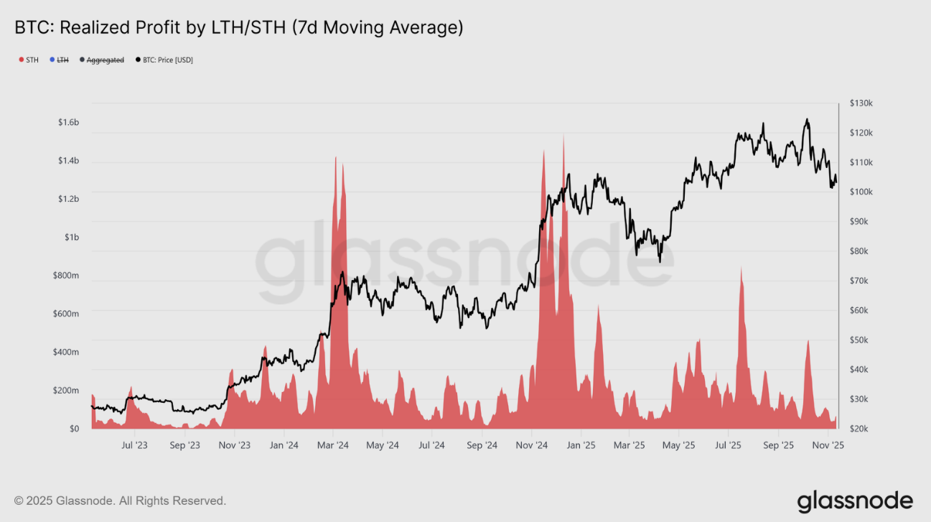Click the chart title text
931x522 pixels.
pos(239,28)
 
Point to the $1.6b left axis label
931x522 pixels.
pos(68,123)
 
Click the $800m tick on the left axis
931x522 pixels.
pos(66,276)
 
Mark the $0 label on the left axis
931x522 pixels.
pos(74,429)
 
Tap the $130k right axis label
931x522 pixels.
pos(859,103)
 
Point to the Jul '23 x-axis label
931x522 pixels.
pos(134,446)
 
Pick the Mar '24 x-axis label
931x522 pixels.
pos(333,446)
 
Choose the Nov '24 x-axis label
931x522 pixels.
pos(532,446)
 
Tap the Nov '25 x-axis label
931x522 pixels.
pos(828,446)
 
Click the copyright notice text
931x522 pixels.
pos(121,500)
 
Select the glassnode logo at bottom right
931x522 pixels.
pos(855,500)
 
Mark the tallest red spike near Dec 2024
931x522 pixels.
pos(563,136)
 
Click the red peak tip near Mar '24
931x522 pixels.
pos(335,157)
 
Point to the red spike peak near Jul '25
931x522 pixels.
pos(741,267)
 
